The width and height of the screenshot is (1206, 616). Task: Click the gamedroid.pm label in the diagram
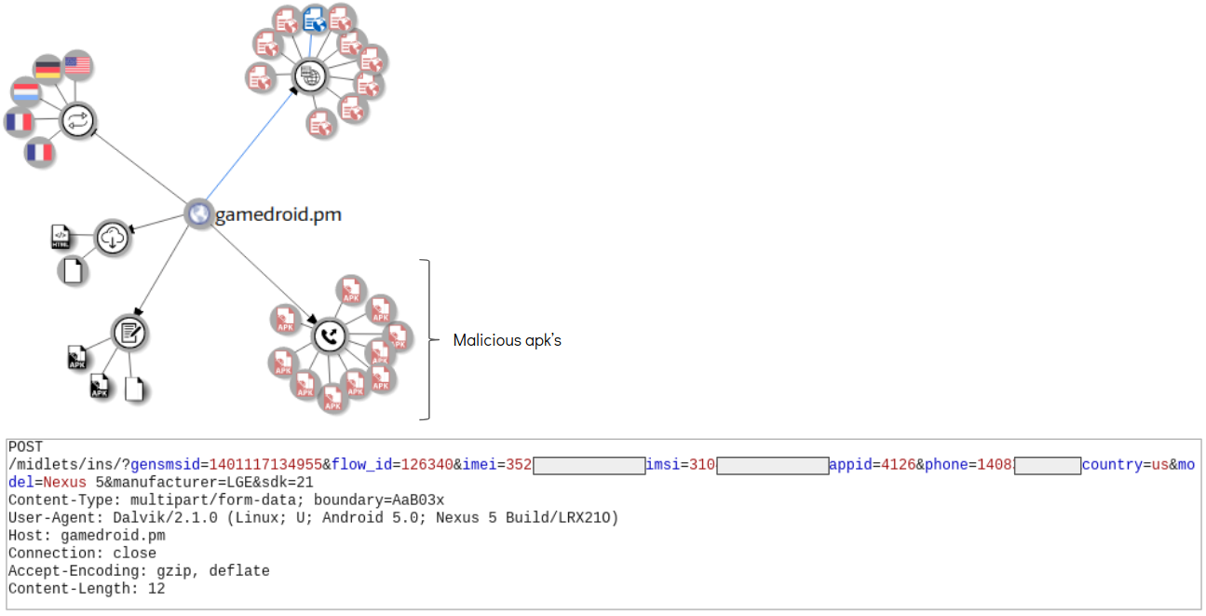coord(278,215)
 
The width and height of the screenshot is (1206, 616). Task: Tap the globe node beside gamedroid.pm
coord(197,213)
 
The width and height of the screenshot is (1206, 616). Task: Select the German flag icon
coord(47,68)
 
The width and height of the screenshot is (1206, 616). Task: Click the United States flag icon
coord(77,64)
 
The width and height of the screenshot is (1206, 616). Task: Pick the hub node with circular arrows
coord(78,120)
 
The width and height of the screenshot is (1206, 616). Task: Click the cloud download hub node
coord(112,239)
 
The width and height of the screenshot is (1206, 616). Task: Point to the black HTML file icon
coord(61,237)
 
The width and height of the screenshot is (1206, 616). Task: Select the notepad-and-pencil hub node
coord(129,332)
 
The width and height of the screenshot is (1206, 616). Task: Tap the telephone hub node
coord(330,335)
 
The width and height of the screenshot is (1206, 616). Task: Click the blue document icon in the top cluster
coord(315,20)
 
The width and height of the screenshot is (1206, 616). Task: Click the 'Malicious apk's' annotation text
coord(507,340)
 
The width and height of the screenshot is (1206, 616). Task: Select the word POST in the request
coord(25,447)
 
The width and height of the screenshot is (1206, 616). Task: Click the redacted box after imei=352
coord(589,465)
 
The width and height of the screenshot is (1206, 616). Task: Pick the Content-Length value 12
coord(156,589)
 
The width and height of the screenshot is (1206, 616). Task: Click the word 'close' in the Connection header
coord(135,554)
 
